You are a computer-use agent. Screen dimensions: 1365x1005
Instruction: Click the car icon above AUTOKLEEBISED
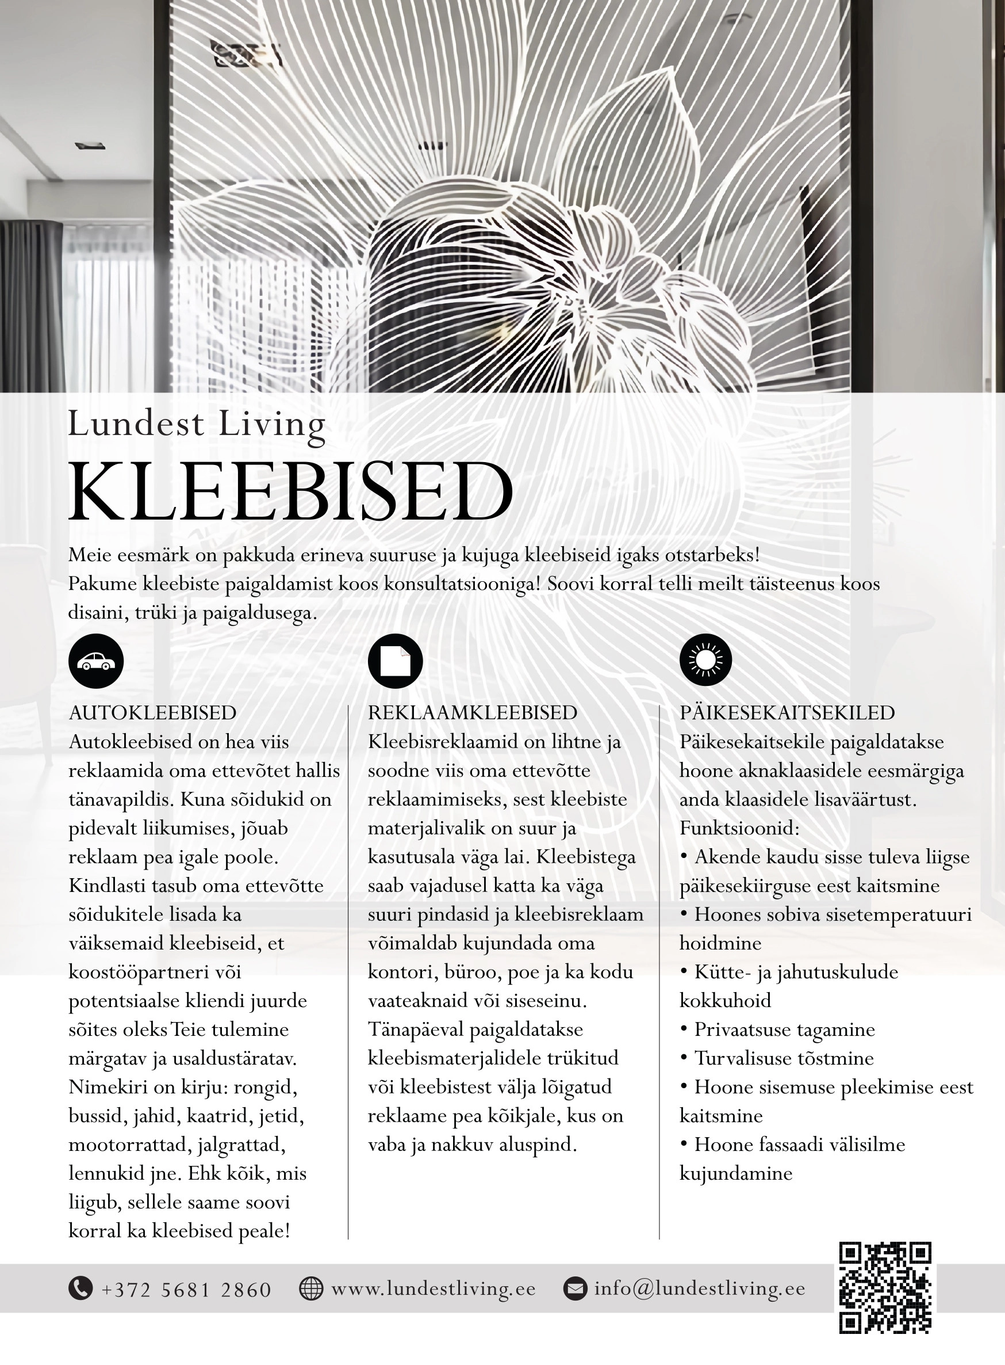click(96, 661)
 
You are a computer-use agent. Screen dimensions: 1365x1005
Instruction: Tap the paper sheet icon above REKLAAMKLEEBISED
click(396, 661)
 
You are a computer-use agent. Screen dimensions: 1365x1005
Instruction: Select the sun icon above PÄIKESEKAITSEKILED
click(705, 659)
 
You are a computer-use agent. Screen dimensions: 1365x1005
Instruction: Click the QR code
click(885, 1288)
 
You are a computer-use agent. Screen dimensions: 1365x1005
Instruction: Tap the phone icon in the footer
click(80, 1288)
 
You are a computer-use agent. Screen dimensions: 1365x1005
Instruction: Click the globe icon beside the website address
click(311, 1288)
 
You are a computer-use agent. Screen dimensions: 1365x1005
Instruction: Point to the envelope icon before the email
click(575, 1288)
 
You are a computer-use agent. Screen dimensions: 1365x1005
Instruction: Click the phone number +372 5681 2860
click(186, 1290)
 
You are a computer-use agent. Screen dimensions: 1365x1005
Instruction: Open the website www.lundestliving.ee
click(433, 1289)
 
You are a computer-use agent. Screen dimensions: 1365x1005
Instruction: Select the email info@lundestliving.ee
click(700, 1289)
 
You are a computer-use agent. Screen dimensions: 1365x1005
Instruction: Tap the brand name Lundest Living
click(197, 424)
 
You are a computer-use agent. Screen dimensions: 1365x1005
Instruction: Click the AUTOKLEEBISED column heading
click(153, 713)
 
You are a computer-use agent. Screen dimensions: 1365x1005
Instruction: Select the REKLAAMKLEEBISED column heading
click(473, 713)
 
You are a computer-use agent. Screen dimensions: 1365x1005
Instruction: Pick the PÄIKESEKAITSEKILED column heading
click(787, 713)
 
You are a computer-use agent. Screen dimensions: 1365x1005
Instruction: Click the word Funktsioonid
click(739, 828)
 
